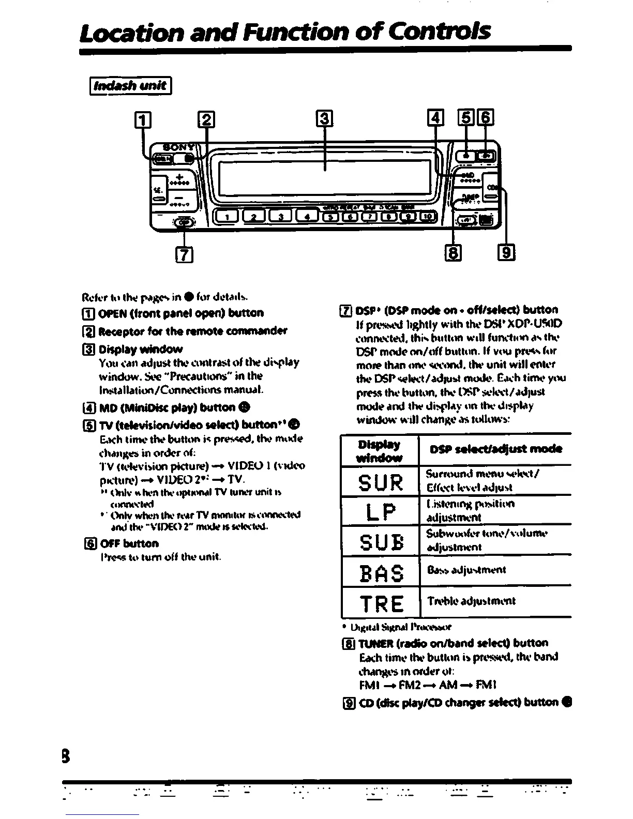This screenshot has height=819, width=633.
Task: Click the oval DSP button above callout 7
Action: coord(184,223)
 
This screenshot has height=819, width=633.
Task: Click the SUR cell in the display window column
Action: coord(380,481)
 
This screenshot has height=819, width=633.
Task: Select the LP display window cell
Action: coord(380,511)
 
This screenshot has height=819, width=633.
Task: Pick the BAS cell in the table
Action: coord(380,572)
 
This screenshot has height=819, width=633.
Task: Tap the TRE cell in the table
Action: coord(380,602)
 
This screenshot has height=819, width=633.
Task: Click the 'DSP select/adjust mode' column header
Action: coord(495,449)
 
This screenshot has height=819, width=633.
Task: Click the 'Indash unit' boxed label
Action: coord(130,86)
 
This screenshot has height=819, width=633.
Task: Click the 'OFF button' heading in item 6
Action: coord(129,543)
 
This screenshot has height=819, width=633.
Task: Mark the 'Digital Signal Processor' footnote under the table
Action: coord(401,627)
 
